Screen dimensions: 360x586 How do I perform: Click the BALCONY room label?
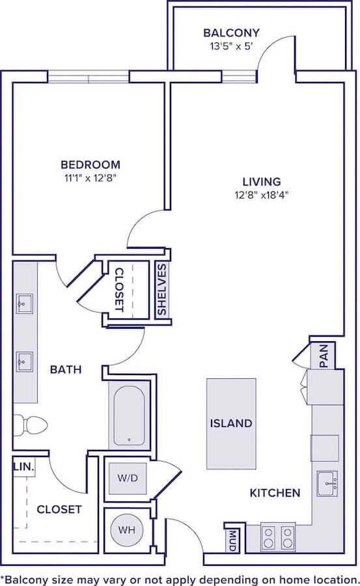pyautogui.click(x=231, y=33)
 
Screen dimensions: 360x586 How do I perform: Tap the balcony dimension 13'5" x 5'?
pyautogui.click(x=231, y=46)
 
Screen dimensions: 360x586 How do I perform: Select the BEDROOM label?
pyautogui.click(x=90, y=165)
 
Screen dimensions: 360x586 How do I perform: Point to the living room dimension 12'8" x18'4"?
pyautogui.click(x=262, y=195)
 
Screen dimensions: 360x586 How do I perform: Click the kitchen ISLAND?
pyautogui.click(x=231, y=423)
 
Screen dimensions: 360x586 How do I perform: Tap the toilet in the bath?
pyautogui.click(x=31, y=425)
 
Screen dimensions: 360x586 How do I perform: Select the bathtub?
pyautogui.click(x=129, y=415)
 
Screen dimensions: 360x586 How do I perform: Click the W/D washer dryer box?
pyautogui.click(x=128, y=478)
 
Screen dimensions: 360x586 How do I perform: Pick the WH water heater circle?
pyautogui.click(x=127, y=529)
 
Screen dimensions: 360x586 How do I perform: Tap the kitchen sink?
pyautogui.click(x=327, y=483)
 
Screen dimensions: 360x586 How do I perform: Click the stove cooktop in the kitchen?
pyautogui.click(x=278, y=537)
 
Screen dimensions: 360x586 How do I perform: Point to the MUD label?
pyautogui.click(x=233, y=540)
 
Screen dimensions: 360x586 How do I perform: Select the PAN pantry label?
pyautogui.click(x=324, y=356)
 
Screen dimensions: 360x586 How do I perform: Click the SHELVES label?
pyautogui.click(x=161, y=289)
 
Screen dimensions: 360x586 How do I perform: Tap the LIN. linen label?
pyautogui.click(x=23, y=467)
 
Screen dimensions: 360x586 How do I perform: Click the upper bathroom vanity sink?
pyautogui.click(x=25, y=303)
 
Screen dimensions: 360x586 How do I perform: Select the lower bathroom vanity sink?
pyautogui.click(x=25, y=362)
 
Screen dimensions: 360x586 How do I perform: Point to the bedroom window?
pyautogui.click(x=89, y=77)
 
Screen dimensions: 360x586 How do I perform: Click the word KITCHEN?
pyautogui.click(x=275, y=493)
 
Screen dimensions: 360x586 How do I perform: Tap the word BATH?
pyautogui.click(x=66, y=370)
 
